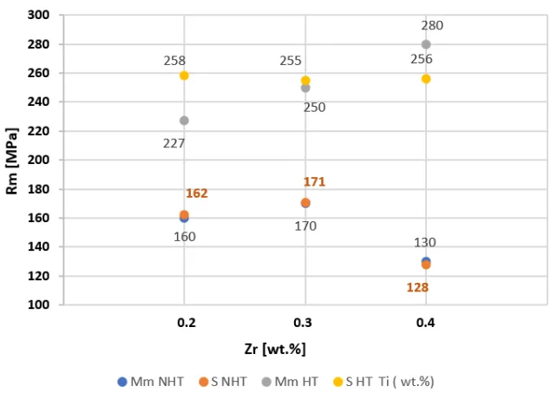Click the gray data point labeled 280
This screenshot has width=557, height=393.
click(x=426, y=44)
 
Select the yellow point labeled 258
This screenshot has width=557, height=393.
click(x=184, y=75)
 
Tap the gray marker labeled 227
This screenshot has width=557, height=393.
click(x=184, y=121)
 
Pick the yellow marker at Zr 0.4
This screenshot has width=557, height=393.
click(x=426, y=79)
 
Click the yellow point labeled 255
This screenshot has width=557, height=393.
click(x=305, y=81)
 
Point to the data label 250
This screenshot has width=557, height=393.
click(x=314, y=107)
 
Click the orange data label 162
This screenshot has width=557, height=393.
click(x=197, y=193)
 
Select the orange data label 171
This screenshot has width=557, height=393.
click(x=314, y=182)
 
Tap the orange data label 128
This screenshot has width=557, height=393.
click(x=418, y=286)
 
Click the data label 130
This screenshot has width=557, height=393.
click(x=425, y=243)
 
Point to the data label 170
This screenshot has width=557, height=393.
click(x=305, y=226)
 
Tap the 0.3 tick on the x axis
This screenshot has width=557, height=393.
click(x=305, y=322)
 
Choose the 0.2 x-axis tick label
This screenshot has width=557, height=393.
click(x=184, y=322)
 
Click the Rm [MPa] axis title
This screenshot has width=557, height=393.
click(x=13, y=161)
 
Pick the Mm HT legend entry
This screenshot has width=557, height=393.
click(x=298, y=381)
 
